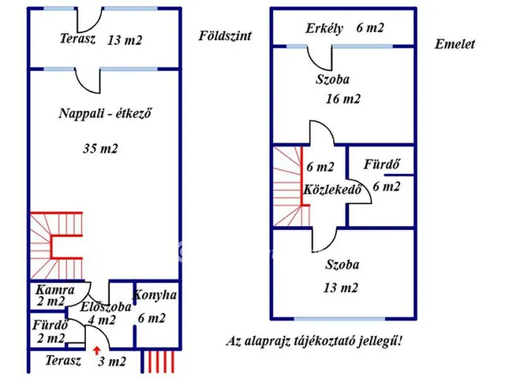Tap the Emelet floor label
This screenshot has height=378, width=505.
(454, 44)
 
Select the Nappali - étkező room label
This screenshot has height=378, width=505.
(105, 113)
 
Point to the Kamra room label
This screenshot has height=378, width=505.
(55, 289)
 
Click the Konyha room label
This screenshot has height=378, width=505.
(155, 295)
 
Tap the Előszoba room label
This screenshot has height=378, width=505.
(106, 307)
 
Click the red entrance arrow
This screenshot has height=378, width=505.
(96, 351)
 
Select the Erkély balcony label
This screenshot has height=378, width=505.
(325, 28)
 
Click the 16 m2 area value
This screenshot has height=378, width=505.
(343, 98)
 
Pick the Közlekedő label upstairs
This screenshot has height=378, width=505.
(331, 190)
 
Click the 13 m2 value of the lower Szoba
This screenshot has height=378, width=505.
(342, 287)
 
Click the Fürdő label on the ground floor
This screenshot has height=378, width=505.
(48, 324)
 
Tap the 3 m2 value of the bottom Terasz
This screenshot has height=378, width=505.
(111, 361)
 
